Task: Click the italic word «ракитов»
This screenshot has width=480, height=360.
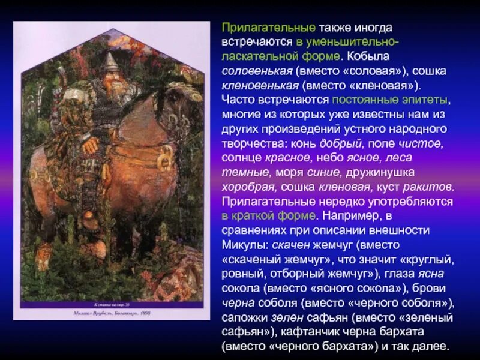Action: [x=426, y=186]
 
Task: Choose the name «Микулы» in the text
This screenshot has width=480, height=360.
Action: [x=244, y=244]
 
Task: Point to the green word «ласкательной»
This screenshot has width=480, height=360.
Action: [x=255, y=56]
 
